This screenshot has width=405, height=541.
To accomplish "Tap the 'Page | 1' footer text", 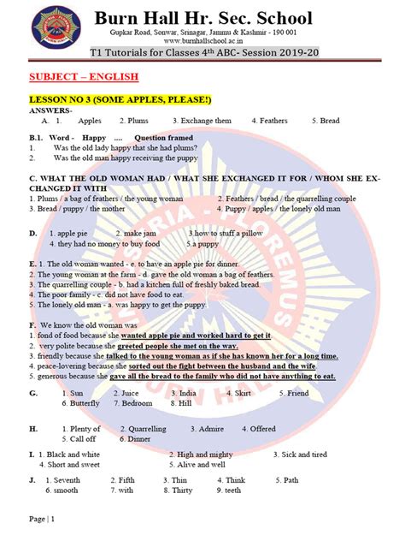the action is point(42,520).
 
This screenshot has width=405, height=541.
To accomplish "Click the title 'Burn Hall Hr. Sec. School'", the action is point(203,18).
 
